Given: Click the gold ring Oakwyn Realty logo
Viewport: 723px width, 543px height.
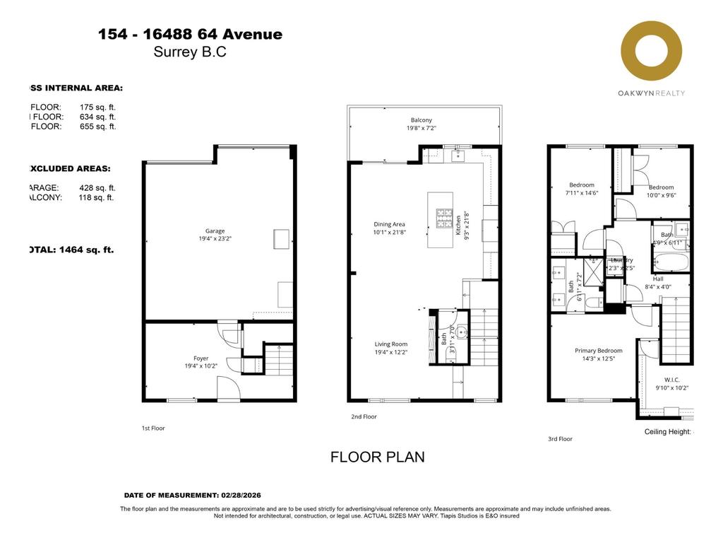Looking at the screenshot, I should point(651,52).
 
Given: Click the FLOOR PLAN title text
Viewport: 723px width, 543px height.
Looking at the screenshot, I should point(377,457).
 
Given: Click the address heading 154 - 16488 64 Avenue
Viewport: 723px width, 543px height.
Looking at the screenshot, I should point(190,34).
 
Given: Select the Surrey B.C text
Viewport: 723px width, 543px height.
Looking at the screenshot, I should point(190,52).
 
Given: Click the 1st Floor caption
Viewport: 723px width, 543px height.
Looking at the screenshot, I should point(153,428).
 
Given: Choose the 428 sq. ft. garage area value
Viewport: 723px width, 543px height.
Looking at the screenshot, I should point(97,188).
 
